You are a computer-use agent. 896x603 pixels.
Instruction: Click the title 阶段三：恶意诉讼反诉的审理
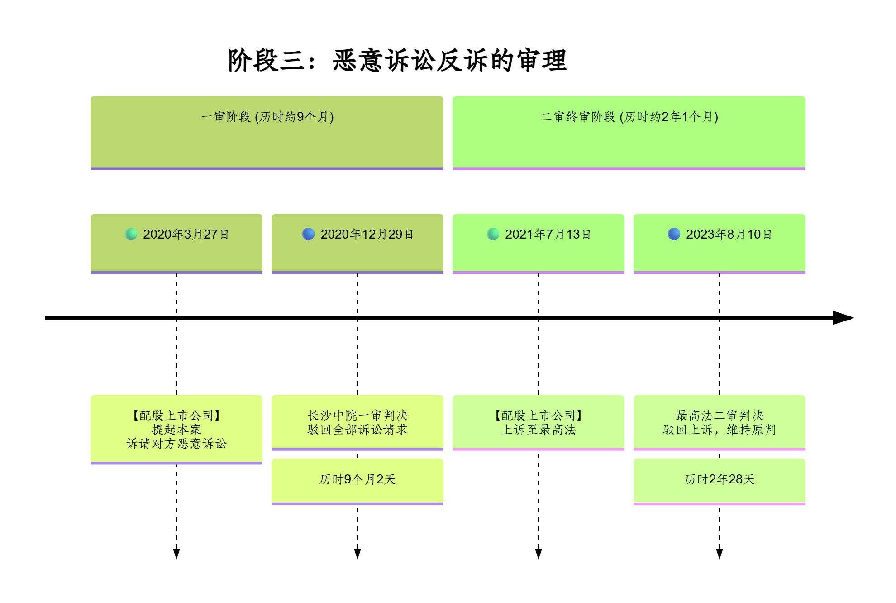click(x=397, y=60)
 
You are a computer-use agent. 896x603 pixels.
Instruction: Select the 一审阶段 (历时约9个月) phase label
click(x=267, y=117)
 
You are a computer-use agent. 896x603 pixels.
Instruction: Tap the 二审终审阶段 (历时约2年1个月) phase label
click(x=629, y=117)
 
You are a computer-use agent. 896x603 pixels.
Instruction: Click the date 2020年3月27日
click(x=186, y=234)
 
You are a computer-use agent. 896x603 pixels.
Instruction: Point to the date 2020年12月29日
click(x=367, y=234)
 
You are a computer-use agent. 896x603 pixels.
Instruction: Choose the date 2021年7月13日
click(x=548, y=234)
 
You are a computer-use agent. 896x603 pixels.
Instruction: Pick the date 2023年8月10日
click(x=729, y=234)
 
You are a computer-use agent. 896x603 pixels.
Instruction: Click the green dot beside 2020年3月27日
click(x=131, y=234)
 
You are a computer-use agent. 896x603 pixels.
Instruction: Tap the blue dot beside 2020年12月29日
click(x=308, y=234)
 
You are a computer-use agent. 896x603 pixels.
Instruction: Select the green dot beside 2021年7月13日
click(x=493, y=234)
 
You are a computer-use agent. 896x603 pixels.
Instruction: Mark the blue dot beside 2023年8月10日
click(x=674, y=234)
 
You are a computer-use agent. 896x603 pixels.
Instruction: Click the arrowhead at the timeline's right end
click(x=842, y=318)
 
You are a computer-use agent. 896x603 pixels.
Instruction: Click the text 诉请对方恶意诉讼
click(x=176, y=444)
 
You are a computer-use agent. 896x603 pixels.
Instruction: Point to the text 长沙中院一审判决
click(x=357, y=415)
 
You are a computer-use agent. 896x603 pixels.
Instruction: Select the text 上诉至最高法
click(x=539, y=430)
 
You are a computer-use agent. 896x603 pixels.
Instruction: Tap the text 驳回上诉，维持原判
click(x=720, y=430)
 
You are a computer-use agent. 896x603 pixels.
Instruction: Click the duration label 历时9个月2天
click(x=357, y=479)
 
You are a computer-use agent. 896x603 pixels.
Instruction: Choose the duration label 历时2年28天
click(x=720, y=479)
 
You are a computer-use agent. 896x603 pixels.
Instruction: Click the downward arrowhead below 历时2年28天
click(x=720, y=553)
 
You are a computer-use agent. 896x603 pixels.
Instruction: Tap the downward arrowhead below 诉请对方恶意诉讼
click(x=176, y=553)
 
